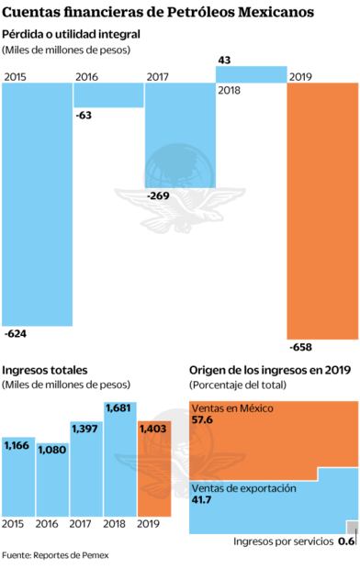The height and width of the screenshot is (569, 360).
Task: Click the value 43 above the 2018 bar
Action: pyautogui.click(x=225, y=60)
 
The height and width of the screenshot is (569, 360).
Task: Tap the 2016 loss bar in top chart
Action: pyautogui.click(x=108, y=95)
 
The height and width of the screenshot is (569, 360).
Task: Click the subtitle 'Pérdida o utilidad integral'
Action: pyautogui.click(x=72, y=33)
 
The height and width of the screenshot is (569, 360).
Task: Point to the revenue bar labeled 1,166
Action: pyautogui.click(x=18, y=477)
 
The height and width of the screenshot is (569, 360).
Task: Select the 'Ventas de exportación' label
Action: pyautogui.click(x=243, y=487)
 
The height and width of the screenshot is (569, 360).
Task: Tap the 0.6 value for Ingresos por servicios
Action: pyautogui.click(x=346, y=542)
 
